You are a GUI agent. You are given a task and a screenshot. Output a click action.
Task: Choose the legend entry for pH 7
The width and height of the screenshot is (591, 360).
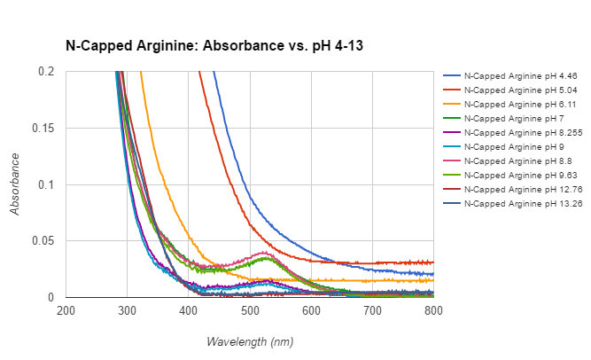(x=509, y=118)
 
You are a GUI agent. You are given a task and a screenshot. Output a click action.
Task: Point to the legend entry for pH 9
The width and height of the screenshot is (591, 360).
(x=509, y=146)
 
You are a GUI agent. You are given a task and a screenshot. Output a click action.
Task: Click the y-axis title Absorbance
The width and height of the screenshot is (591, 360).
(x=15, y=184)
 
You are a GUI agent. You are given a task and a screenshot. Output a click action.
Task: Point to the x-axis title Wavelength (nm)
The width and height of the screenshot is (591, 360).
(x=250, y=341)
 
